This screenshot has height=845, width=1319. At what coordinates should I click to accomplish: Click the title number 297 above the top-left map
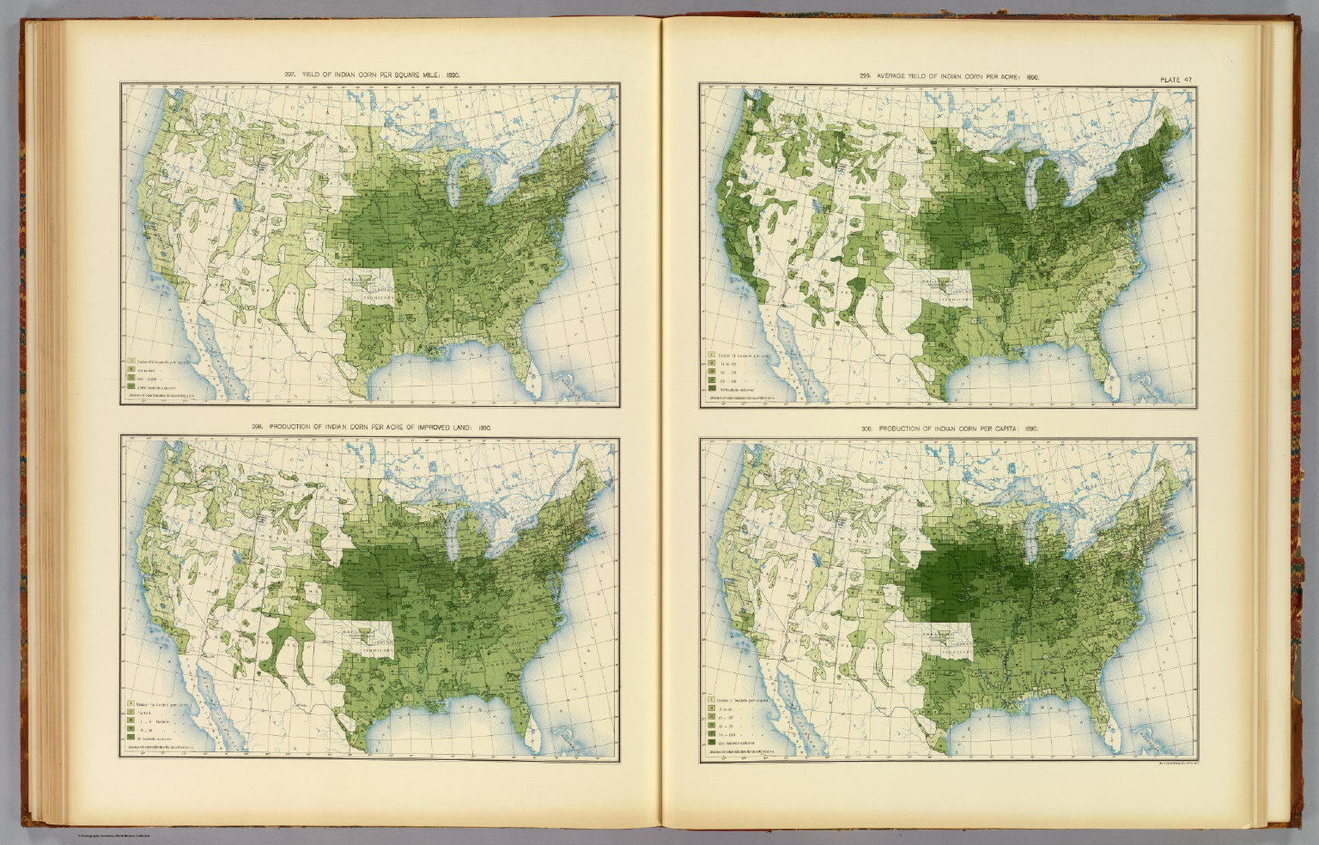tap(289, 76)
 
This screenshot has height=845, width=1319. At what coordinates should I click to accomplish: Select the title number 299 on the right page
tap(864, 76)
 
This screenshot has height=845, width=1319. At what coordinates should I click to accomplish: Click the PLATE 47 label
tap(1176, 80)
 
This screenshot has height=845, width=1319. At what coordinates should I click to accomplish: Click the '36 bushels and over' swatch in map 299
tap(712, 390)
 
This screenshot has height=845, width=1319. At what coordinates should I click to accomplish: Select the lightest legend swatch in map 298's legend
tap(131, 704)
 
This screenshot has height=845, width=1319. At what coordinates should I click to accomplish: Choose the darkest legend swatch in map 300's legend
tap(710, 745)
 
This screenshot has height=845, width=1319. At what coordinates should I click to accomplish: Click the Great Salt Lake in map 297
tap(235, 206)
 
